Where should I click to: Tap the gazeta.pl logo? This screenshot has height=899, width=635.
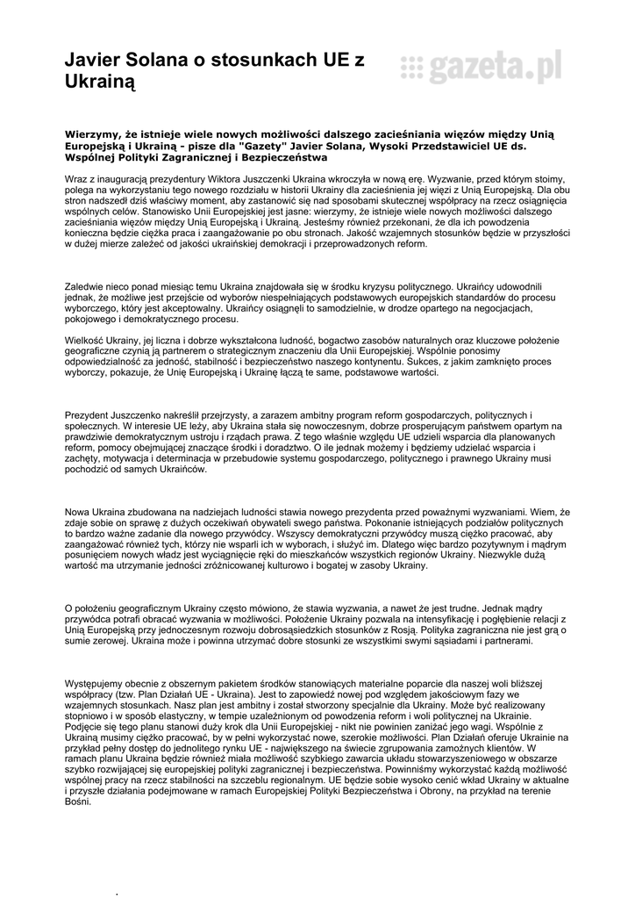481,67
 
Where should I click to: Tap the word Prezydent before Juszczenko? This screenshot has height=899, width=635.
92,414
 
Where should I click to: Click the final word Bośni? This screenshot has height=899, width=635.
79,802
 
